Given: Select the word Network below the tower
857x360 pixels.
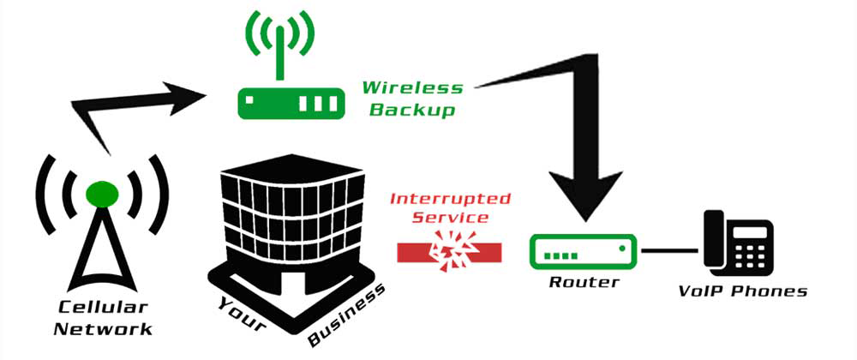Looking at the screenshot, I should coord(102,328).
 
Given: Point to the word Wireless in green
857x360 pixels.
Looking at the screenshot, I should coord(412,87).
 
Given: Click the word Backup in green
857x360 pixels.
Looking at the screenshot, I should coord(419,111).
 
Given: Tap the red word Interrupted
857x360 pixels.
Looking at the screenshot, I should coord(450,199).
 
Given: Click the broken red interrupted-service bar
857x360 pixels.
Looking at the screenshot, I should coord(450,251).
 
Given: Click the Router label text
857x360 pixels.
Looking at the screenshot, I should coord(584,282).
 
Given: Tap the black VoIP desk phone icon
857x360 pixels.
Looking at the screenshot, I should coord(738,243).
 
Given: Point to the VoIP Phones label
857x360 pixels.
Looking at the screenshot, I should coord(742,291).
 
